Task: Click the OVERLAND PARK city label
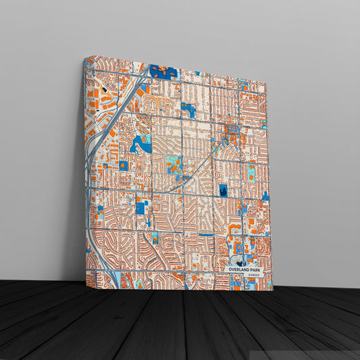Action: (x=245, y=269)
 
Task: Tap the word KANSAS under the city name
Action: (x=252, y=276)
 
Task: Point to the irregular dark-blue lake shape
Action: (x=141, y=143)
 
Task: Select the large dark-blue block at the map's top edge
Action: (x=163, y=71)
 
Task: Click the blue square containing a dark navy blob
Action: (x=223, y=191)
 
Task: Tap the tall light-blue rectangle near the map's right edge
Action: (x=251, y=172)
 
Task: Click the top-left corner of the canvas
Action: (x=84, y=59)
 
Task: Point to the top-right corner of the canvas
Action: (x=266, y=84)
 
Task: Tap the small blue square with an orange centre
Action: (x=124, y=165)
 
